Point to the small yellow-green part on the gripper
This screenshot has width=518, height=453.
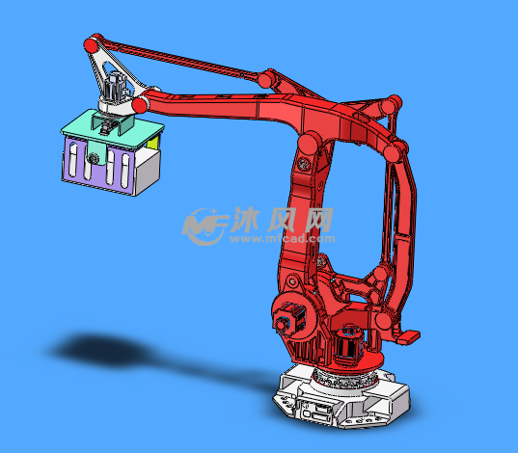pyautogui.click(x=152, y=143)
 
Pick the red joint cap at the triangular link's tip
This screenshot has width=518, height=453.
pyautogui.click(x=91, y=44)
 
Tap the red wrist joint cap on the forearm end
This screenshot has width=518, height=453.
pyautogui.click(x=140, y=105)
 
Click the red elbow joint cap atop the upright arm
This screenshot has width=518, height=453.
pyautogui.click(x=309, y=144)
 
